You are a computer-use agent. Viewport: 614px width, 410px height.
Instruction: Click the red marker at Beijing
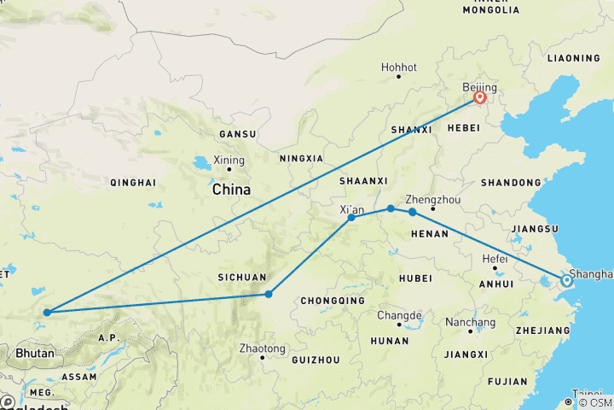(x=479, y=97)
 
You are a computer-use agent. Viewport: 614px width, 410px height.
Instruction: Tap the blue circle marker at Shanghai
(x=566, y=279)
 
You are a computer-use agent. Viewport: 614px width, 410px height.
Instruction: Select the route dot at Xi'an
(x=351, y=218)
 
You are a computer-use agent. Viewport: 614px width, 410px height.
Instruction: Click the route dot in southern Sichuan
(x=269, y=295)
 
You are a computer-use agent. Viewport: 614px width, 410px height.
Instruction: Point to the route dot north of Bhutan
(x=46, y=312)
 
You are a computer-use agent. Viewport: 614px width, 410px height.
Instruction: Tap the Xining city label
(x=229, y=160)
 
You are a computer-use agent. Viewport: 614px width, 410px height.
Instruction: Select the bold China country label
(x=231, y=190)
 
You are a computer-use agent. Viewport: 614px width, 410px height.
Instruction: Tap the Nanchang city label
(x=470, y=322)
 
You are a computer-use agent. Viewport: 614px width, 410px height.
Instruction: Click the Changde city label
(x=398, y=315)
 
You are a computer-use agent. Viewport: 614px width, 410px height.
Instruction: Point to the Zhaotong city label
(x=262, y=348)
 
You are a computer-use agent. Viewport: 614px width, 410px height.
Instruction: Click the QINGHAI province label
(x=133, y=183)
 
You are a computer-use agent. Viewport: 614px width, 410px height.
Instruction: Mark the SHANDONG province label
(x=511, y=183)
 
